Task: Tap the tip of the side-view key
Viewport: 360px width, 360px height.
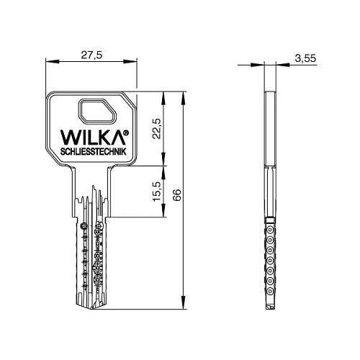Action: (270, 308)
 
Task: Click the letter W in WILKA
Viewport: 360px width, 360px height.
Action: (63, 138)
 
